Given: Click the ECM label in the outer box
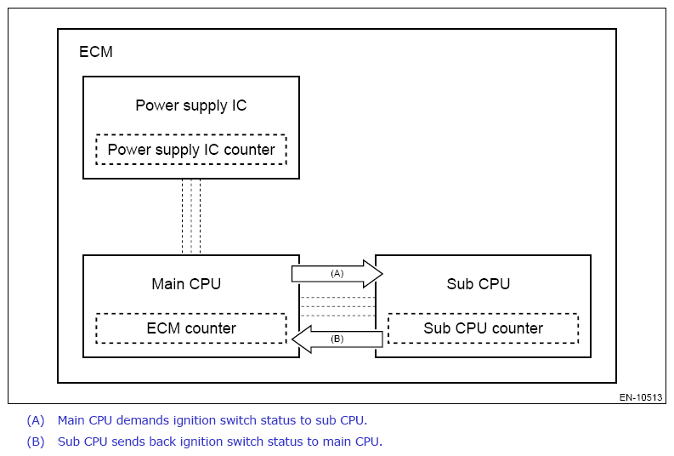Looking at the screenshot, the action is tap(96, 52).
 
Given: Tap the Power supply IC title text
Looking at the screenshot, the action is tap(191, 105).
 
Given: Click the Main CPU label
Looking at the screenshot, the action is tap(186, 284).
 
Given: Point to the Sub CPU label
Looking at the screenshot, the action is tap(479, 284).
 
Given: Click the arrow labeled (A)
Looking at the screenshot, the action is tap(337, 274).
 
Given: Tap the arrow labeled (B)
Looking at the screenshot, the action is tap(337, 339).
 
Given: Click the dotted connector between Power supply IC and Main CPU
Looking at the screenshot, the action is tap(191, 217).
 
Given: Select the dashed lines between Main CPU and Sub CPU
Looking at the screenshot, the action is tap(337, 307).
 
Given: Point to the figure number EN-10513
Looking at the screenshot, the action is tap(641, 397).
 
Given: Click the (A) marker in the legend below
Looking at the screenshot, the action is tap(36, 420).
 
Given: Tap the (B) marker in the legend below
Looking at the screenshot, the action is tap(36, 442).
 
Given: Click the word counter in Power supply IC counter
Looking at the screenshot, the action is tap(249, 150).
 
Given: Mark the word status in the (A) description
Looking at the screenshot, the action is tap(279, 420).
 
